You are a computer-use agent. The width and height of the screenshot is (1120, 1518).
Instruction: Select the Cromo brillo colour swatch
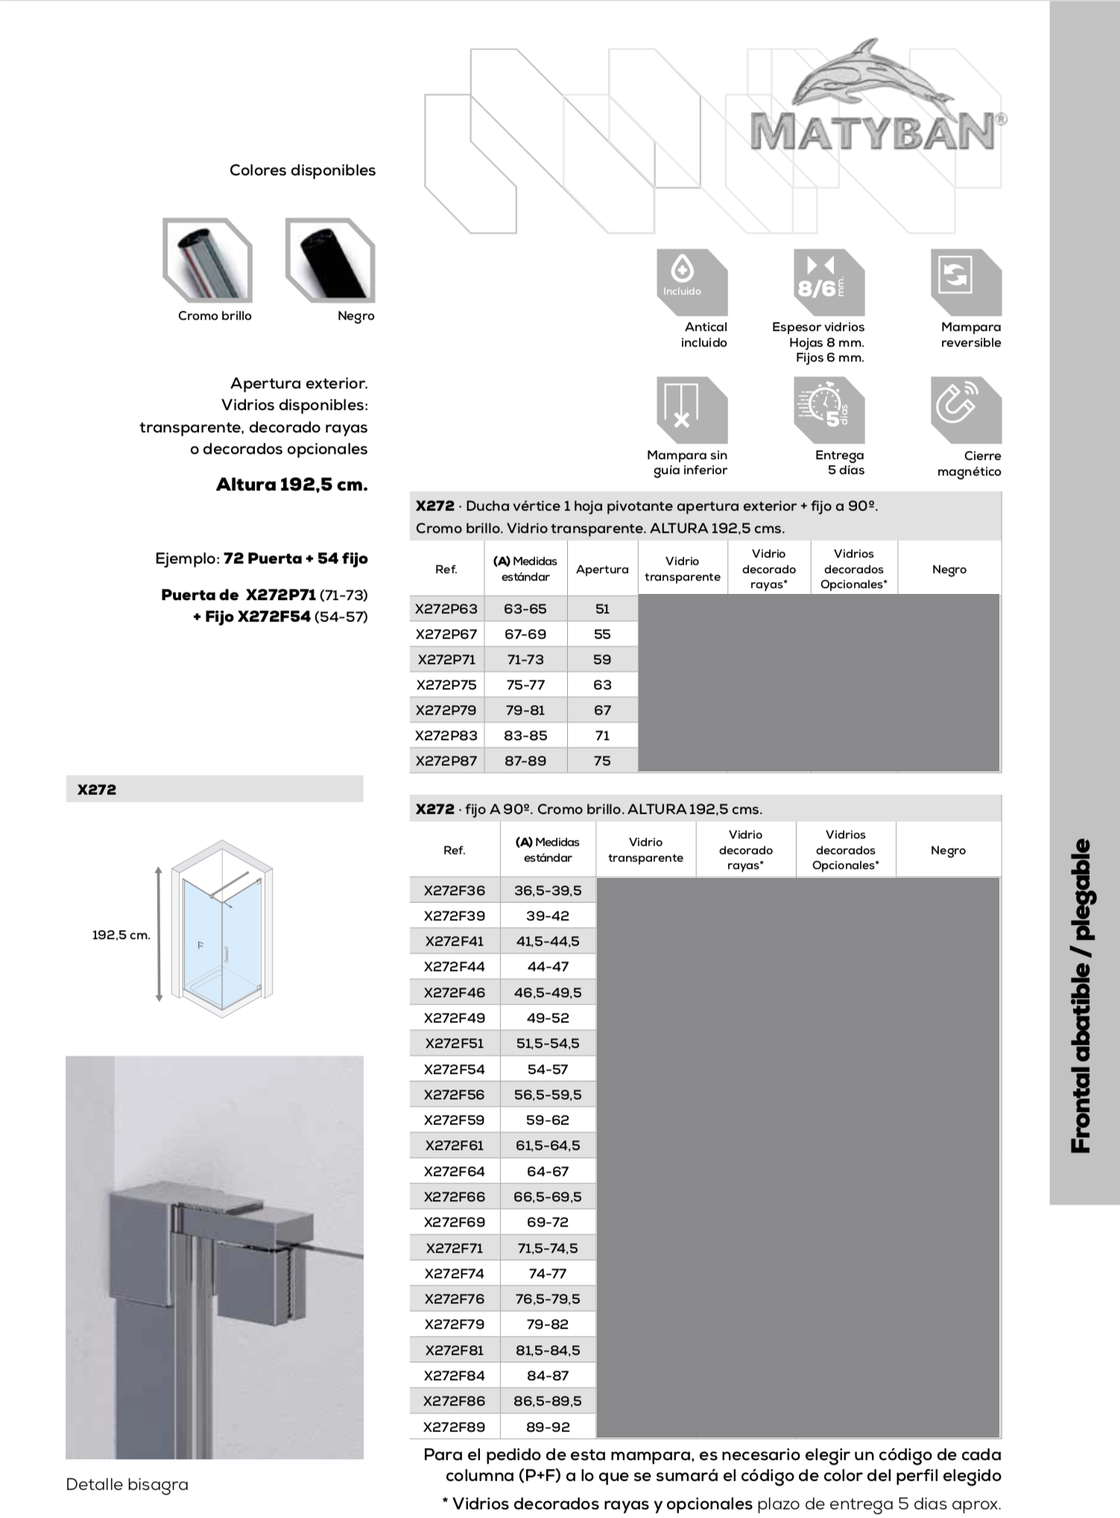[x=208, y=261]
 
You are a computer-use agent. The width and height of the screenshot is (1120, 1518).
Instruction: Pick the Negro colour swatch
[x=330, y=261]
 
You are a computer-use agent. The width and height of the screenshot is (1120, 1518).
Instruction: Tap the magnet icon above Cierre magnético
[x=965, y=409]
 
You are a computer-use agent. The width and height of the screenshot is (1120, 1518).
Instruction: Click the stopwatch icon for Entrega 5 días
[x=829, y=409]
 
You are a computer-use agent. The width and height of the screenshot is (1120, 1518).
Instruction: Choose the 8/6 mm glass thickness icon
[x=829, y=282]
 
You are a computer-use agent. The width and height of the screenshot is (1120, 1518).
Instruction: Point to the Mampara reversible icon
[x=965, y=282]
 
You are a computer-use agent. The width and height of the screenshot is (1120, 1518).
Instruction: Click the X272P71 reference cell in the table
[x=446, y=660]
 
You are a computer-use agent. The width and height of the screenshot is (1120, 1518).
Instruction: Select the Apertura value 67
[x=602, y=710]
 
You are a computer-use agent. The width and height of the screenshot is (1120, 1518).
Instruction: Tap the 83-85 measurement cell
[x=525, y=736]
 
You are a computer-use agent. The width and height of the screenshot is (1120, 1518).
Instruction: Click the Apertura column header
[x=602, y=569]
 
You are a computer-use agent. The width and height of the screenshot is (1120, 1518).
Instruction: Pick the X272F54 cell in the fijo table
[x=454, y=1069]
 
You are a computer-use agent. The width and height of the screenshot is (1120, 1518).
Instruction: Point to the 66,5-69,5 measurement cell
[x=548, y=1197]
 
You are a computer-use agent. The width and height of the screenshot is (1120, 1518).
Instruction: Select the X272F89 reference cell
[x=454, y=1427]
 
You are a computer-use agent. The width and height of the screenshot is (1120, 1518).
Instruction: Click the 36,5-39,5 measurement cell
[x=548, y=891]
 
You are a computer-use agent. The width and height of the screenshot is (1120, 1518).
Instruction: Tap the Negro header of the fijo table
[x=948, y=850]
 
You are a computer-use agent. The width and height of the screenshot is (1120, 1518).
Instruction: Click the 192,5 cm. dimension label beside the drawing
[x=121, y=935]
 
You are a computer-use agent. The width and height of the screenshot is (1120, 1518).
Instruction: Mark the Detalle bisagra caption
[x=127, y=1484]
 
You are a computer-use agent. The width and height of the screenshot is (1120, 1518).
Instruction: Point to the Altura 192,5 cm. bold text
[x=292, y=485]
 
